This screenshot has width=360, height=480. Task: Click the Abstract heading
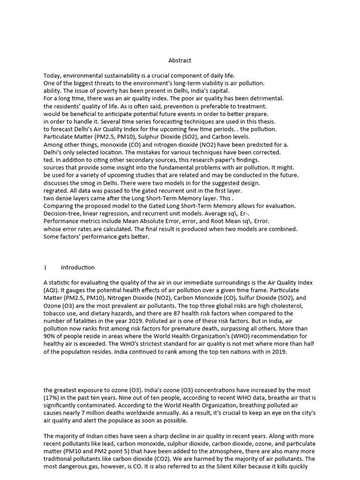[x=180, y=60]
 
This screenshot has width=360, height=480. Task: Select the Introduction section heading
[x=78, y=268]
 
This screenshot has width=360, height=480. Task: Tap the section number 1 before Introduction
[x=45, y=268]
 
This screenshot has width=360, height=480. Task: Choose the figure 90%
[x=51, y=336]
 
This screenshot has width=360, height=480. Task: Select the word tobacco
[x=55, y=313]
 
